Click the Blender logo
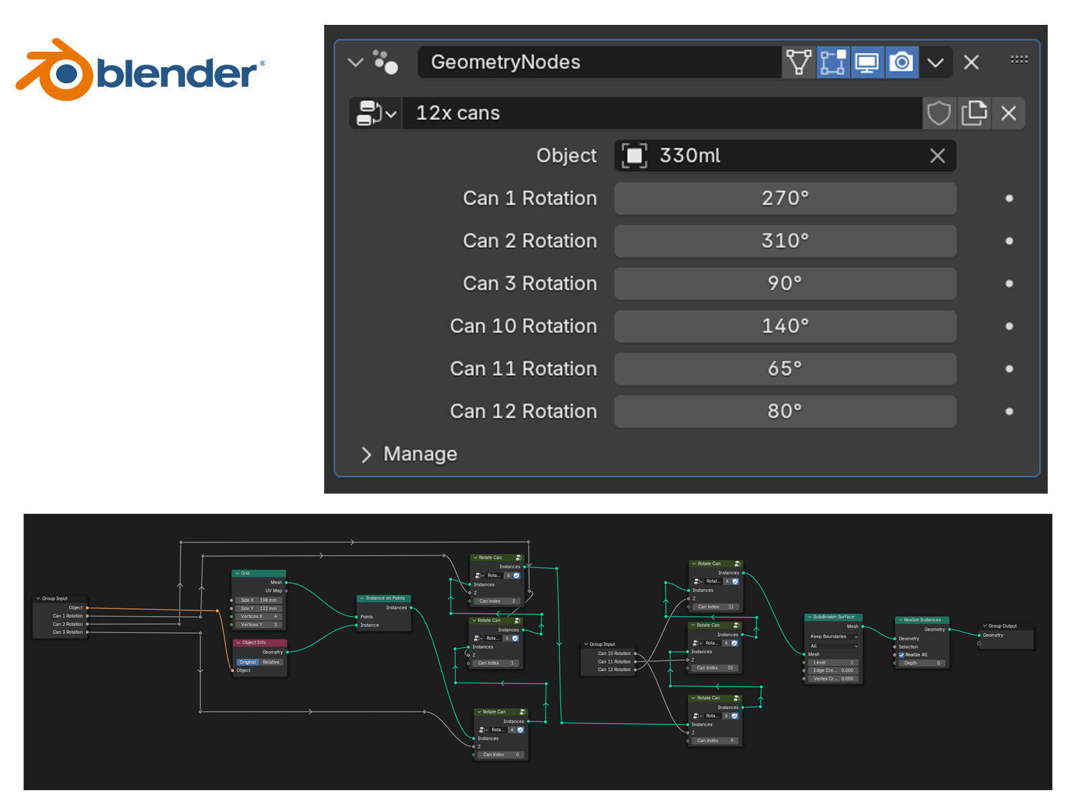(x=140, y=70)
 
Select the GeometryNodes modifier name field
(x=599, y=63)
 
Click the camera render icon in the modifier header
(x=901, y=63)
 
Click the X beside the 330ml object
(x=937, y=156)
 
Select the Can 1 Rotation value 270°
(x=785, y=198)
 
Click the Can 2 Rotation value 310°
(x=785, y=241)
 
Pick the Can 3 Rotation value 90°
(x=785, y=284)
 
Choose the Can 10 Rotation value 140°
(x=785, y=326)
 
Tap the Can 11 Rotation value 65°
(x=785, y=369)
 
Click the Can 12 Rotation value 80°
(x=785, y=412)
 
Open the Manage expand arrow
(x=366, y=455)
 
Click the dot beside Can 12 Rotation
(x=1009, y=412)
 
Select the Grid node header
(x=258, y=573)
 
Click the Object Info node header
(x=260, y=642)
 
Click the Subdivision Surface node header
(x=833, y=617)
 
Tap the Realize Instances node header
(x=922, y=619)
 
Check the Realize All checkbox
(x=902, y=654)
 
